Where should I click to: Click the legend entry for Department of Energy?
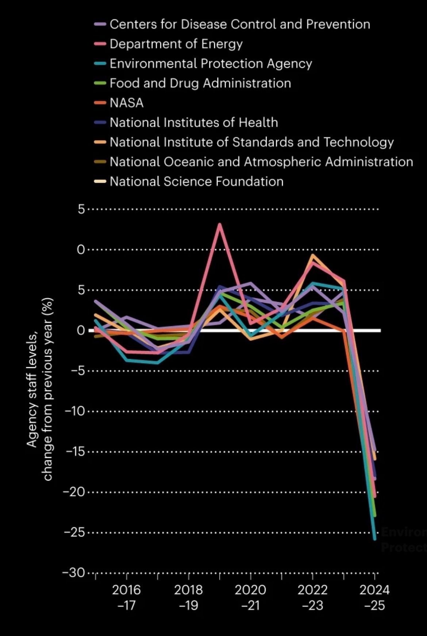176,44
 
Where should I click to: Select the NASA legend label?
126,103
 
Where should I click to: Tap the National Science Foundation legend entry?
196,182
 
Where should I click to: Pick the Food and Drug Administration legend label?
200,84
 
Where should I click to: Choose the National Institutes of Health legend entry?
193,123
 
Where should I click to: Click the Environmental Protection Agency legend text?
211,64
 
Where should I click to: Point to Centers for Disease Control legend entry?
239,24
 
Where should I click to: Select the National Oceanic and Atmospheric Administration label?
261,162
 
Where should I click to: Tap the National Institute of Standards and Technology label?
251,142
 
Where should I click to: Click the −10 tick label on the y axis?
75,411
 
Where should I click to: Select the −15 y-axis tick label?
75,452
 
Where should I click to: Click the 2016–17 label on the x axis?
126,598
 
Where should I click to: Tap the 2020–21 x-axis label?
250,598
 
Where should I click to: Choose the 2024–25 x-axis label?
374,598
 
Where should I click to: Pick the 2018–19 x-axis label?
188,598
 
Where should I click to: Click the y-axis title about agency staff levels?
40,389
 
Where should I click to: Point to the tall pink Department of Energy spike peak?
219,224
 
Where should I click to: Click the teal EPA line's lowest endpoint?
374,539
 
